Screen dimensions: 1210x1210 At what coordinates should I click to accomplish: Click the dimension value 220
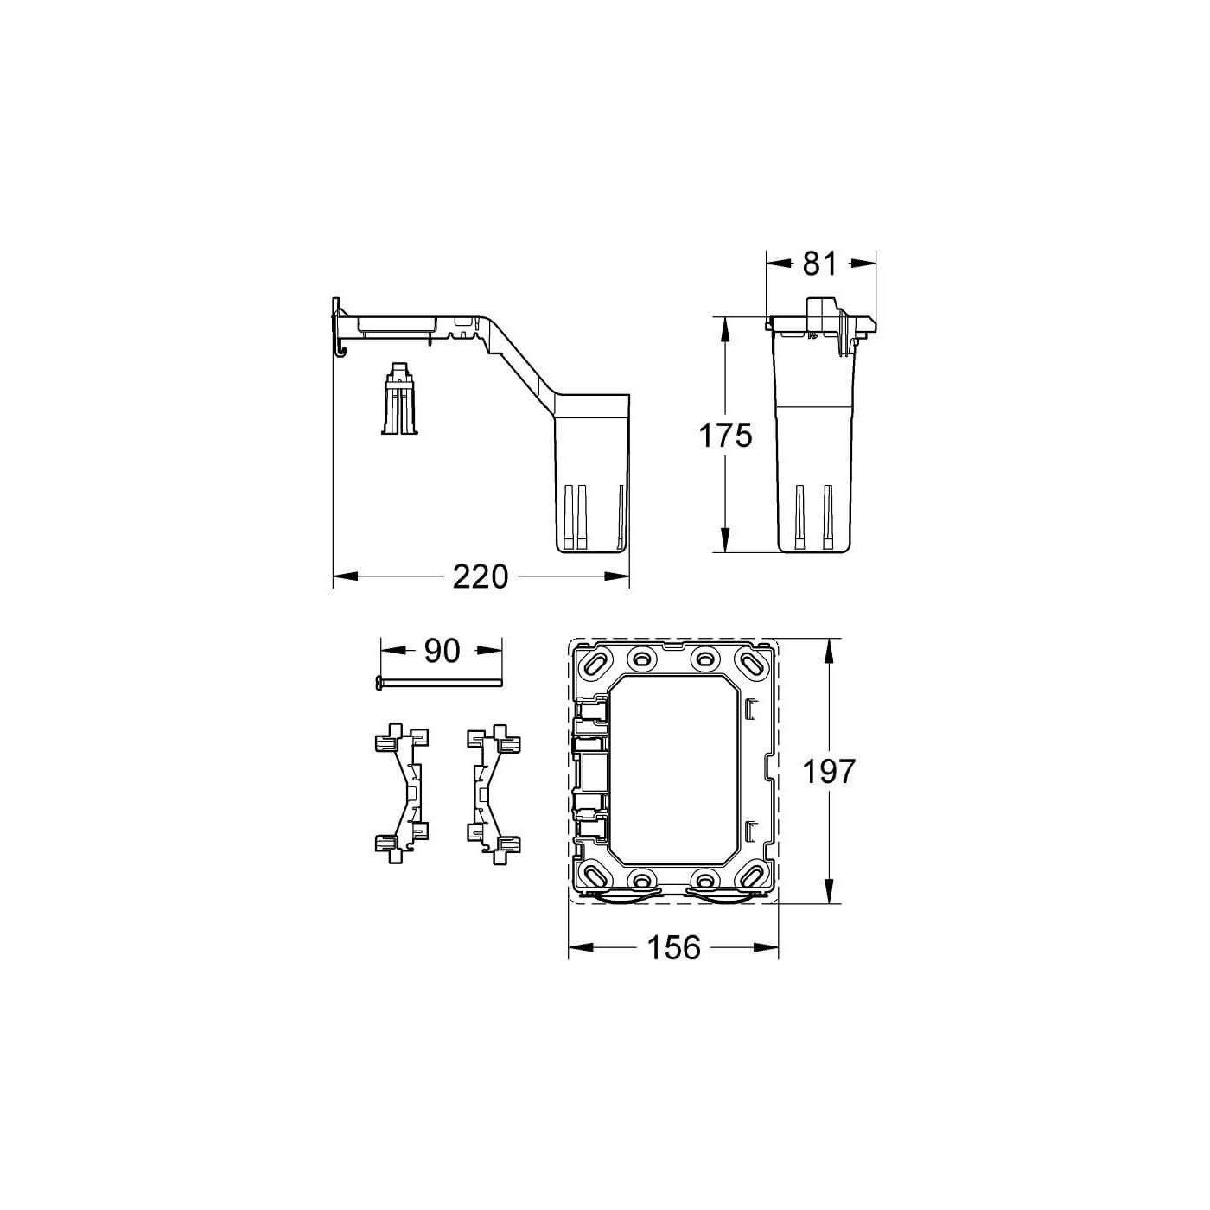point(481,576)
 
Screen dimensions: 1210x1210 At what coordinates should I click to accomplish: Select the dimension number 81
point(819,264)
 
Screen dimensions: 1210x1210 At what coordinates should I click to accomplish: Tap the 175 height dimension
point(726,436)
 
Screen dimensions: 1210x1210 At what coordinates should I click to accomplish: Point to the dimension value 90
point(442,652)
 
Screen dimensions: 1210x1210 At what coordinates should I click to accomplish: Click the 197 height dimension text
point(829,772)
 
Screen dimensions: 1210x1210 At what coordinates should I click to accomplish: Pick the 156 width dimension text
point(673,948)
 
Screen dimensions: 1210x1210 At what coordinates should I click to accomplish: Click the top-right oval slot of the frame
point(750,664)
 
